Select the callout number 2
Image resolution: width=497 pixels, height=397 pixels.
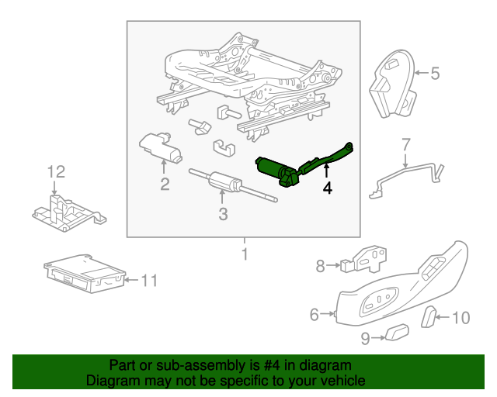tap(165, 184)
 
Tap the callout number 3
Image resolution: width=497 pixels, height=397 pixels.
tap(223, 214)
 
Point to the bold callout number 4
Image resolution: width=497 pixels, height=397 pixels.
tap(328, 188)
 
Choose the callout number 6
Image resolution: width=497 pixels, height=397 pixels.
tap(315, 314)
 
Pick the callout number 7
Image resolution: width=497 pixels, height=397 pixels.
tap(405, 143)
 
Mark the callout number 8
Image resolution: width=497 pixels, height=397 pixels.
tap(320, 266)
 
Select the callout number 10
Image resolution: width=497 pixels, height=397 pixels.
tap(461, 316)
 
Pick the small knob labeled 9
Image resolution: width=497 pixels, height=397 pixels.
tap(397, 333)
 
